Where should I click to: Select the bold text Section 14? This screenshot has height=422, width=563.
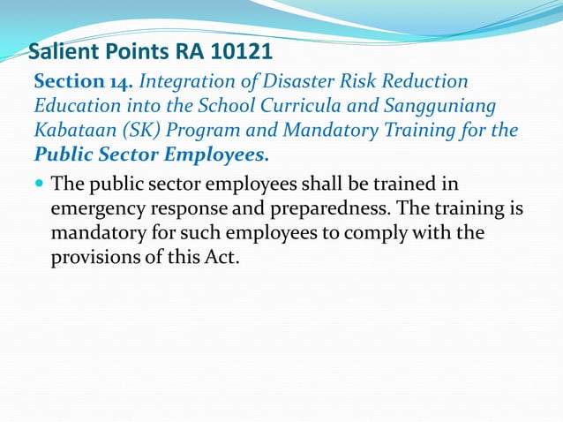tap(83, 82)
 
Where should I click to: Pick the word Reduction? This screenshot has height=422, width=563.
tap(425, 82)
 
